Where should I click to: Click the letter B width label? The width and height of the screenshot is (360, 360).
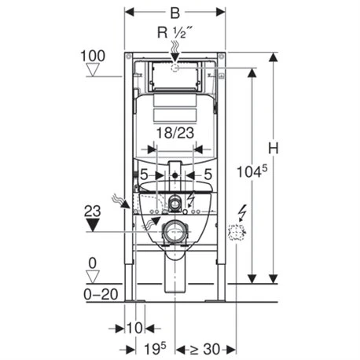(175, 13)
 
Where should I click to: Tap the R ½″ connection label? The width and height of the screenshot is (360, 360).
(174, 33)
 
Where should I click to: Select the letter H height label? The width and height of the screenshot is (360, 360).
(273, 149)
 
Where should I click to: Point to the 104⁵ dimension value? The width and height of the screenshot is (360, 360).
(252, 171)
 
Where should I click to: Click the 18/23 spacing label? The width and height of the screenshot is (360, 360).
(175, 133)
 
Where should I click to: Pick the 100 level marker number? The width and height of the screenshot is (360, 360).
(93, 56)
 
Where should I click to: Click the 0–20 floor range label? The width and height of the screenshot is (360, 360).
(101, 295)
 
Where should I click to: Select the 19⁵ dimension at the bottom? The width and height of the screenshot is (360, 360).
(155, 349)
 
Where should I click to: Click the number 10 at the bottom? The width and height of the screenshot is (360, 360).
(134, 328)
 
